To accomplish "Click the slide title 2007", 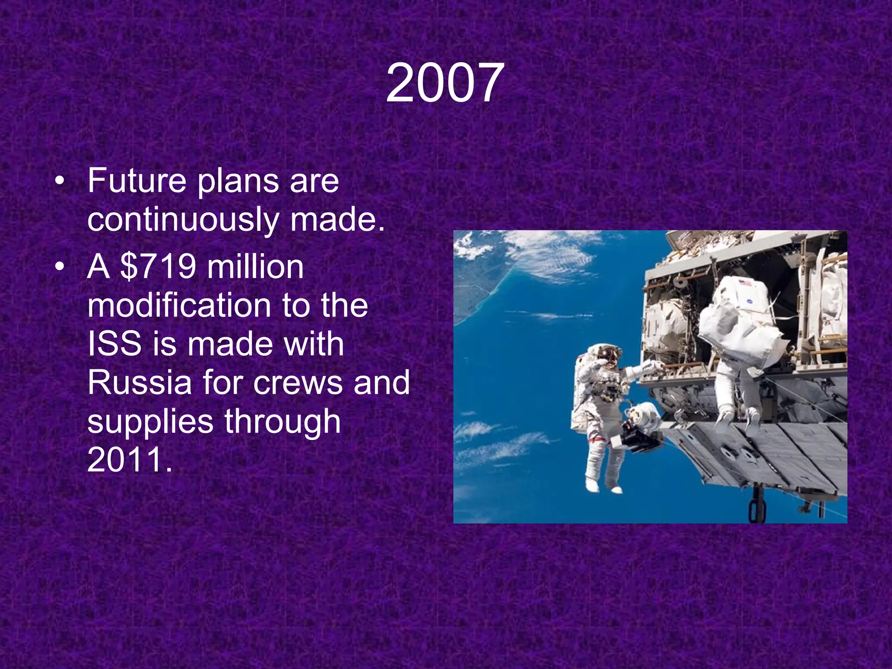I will (x=445, y=83).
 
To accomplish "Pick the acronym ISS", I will (x=114, y=344).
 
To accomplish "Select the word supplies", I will (x=150, y=422).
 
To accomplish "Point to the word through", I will (x=282, y=422).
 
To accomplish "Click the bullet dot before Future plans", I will (x=60, y=181).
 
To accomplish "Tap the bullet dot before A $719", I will (x=60, y=267).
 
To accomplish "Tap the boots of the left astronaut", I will (x=603, y=485).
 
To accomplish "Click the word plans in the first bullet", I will (x=238, y=181).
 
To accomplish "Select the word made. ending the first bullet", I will (x=337, y=220).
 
